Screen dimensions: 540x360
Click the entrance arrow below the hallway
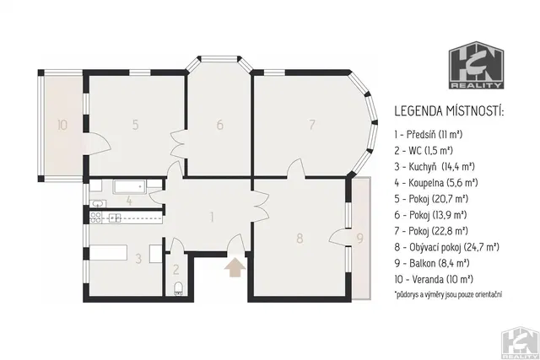235,268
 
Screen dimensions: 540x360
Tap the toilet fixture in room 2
178,288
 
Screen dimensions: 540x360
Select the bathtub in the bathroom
131,186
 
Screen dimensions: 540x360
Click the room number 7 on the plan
312,124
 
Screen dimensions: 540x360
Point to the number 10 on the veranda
62,125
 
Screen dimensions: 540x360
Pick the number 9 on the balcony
360,238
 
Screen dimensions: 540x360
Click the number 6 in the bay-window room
220,125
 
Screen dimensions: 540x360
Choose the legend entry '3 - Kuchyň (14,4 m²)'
435,167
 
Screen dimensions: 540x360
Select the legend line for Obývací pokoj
446,247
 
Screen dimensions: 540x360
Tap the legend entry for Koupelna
436,182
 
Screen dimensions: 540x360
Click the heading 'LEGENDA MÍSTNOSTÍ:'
449,111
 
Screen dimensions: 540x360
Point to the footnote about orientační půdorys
448,294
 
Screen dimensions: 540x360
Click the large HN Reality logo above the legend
476,65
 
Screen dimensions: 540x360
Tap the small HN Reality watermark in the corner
520,343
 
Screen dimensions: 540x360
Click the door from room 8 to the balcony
339,238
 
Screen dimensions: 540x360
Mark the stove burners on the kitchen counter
95,217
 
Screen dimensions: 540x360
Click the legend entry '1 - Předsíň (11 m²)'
429,134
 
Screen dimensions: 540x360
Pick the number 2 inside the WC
176,270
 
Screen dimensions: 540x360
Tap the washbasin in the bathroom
98,204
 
